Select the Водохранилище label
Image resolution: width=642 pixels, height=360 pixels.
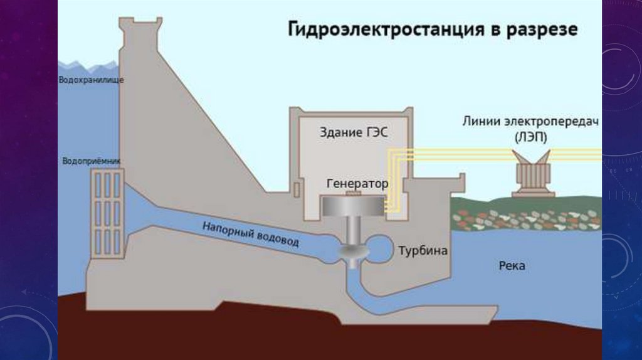(91, 80)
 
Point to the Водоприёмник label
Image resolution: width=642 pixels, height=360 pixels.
(92, 161)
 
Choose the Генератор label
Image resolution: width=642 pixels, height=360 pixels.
(357, 184)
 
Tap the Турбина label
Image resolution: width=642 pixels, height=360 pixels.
(423, 251)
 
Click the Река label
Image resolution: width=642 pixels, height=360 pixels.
(512, 266)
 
